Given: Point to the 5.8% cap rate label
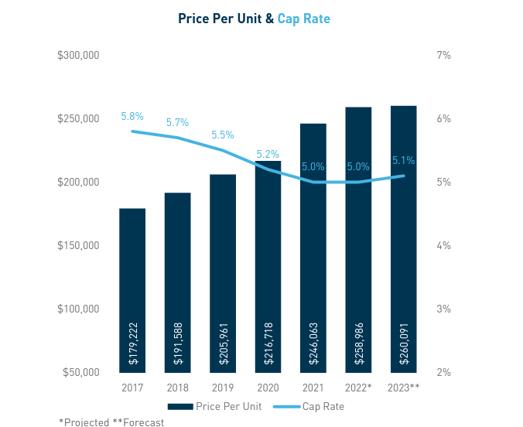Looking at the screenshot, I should coord(132,117).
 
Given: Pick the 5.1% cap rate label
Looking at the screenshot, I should coord(404,161).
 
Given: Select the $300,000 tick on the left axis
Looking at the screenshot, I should coord(78,56).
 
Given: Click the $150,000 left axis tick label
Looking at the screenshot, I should coord(78,245).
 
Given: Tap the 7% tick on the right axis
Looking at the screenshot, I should coord(443,56).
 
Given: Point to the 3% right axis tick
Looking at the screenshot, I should coord(443,309).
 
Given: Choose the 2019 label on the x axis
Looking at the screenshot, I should coord(223,388).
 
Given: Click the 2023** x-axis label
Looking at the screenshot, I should coord(404,388).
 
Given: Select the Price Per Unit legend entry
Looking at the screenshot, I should coord(214,406).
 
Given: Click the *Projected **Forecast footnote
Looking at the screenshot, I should coord(111,422).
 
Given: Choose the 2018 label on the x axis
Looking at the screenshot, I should coord(177,388).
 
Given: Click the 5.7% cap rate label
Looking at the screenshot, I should coord(177,123).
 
